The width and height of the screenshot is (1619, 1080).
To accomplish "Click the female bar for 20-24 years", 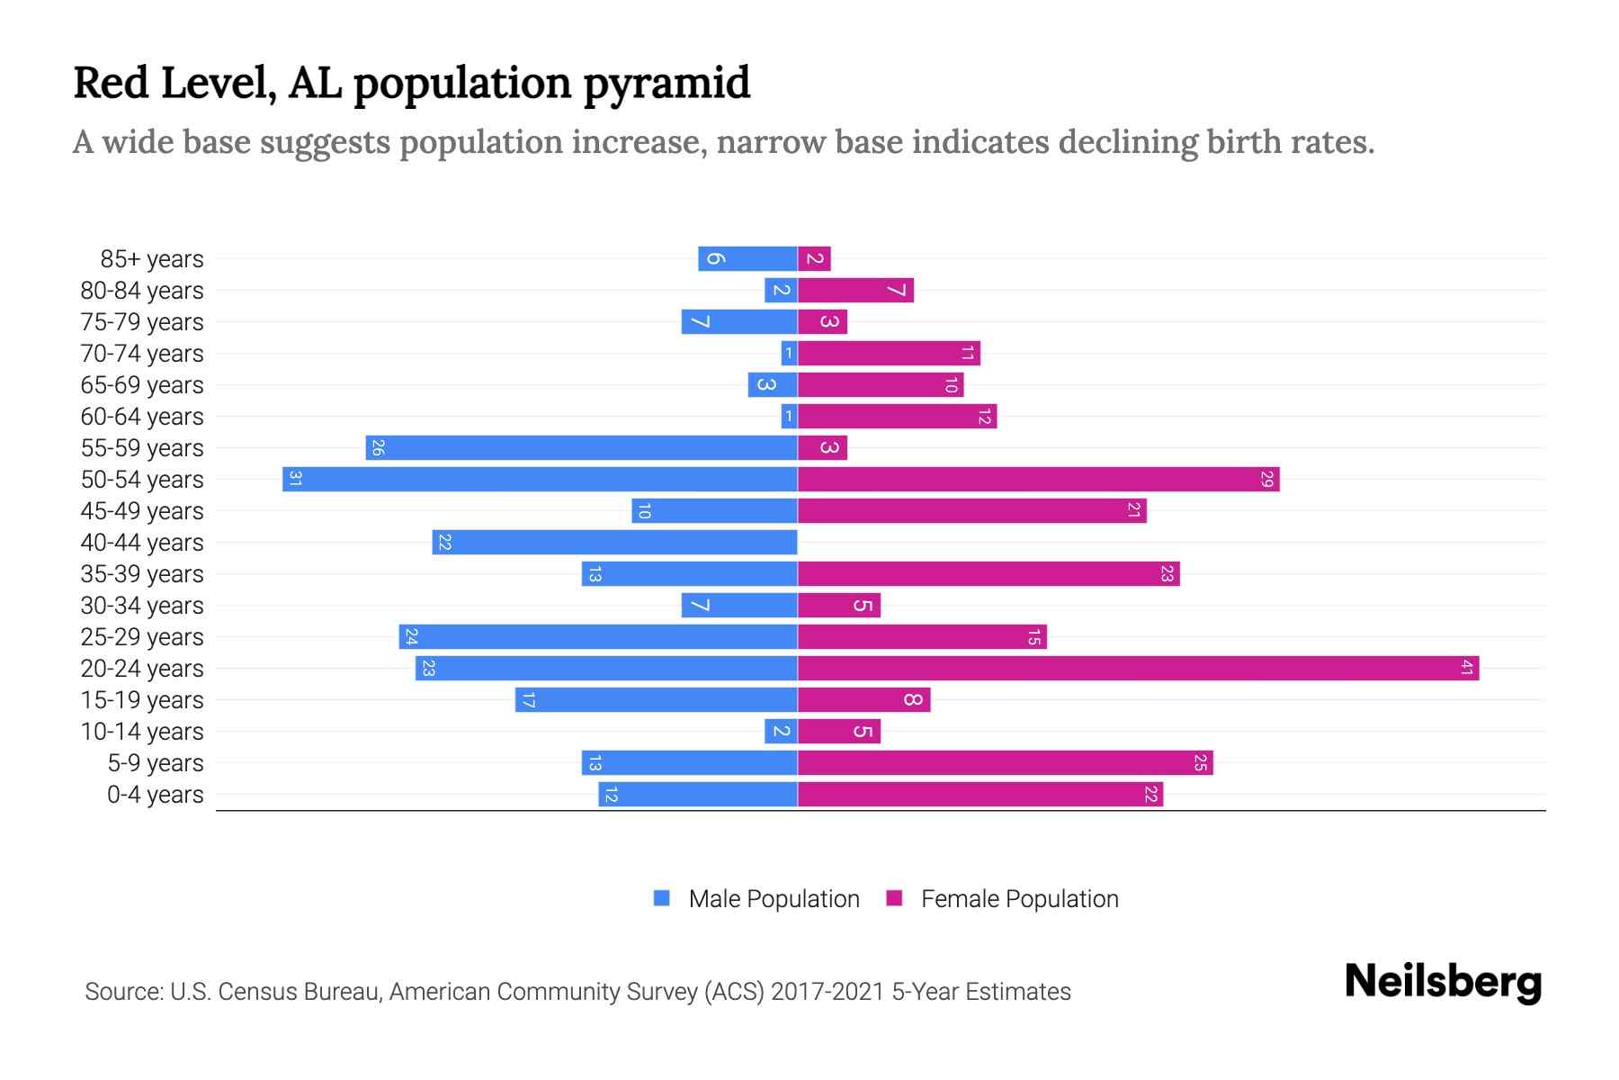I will [1138, 668].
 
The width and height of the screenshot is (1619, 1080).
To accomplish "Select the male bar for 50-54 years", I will [540, 479].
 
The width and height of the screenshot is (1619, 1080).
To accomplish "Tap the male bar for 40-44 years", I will [614, 542].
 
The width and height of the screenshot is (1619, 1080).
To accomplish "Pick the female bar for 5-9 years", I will [1005, 762].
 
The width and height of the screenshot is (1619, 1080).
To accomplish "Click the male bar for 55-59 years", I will [581, 447].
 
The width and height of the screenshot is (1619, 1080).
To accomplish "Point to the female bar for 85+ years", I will [814, 258].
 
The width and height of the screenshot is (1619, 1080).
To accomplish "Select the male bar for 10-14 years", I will [781, 731].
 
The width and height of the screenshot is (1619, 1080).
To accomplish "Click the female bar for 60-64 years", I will [897, 416].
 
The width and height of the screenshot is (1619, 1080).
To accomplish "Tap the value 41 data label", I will [1467, 668].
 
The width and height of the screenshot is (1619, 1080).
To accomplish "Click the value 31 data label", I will [295, 479].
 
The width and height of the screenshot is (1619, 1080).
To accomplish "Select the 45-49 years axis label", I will [142, 511].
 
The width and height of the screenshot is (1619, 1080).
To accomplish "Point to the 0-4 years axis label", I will [155, 795].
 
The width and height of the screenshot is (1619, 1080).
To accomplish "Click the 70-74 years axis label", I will [142, 354].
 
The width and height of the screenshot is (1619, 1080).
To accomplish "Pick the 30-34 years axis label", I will [142, 606].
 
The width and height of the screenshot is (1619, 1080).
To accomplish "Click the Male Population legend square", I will [662, 898].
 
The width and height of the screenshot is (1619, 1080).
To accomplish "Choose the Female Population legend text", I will [1019, 898].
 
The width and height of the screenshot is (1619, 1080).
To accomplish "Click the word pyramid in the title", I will [666, 84].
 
